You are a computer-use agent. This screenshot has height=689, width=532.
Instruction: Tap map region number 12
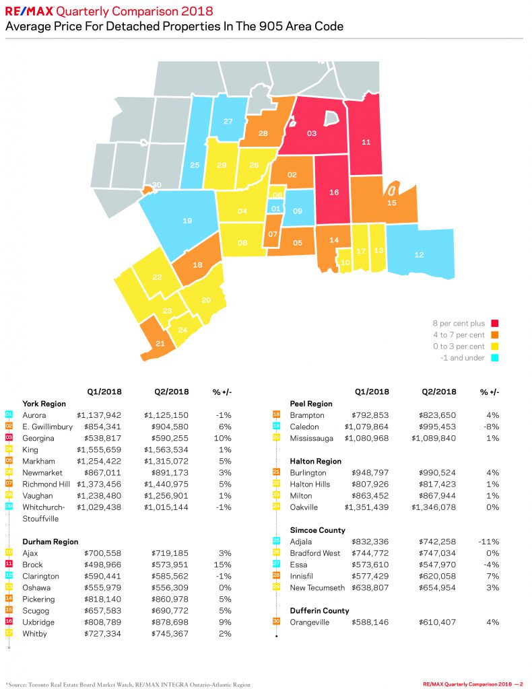(x=419, y=254)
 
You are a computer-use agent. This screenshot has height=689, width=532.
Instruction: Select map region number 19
(x=187, y=220)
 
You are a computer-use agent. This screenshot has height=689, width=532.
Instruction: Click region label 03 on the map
(x=311, y=133)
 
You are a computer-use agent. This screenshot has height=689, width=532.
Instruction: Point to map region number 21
(x=160, y=343)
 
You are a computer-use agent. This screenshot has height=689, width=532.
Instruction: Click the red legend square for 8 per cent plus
(x=495, y=324)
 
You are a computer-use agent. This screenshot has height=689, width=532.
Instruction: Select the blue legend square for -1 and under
(x=495, y=358)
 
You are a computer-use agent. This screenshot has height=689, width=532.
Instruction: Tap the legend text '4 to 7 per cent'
(x=459, y=335)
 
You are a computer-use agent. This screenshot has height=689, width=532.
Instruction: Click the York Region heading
(x=44, y=404)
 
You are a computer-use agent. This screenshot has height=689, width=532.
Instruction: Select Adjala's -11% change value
(x=490, y=542)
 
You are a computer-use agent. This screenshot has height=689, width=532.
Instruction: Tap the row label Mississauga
(x=312, y=438)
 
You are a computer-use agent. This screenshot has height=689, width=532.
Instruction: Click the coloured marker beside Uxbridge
(x=9, y=622)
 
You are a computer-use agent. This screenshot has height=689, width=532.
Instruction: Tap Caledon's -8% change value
(x=492, y=427)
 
